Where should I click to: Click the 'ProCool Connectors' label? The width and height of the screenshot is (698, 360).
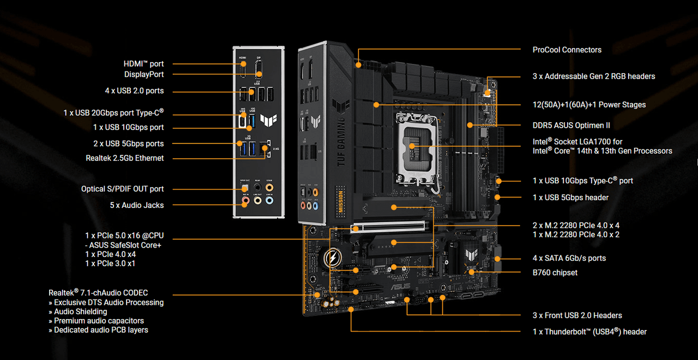tap(567, 50)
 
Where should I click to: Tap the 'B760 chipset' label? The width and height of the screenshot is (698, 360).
tap(555, 272)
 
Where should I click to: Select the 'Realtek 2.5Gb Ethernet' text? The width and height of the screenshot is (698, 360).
tap(124, 158)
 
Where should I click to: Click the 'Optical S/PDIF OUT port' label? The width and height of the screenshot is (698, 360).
tap(122, 189)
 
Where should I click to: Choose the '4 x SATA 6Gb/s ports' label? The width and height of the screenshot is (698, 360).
tap(569, 258)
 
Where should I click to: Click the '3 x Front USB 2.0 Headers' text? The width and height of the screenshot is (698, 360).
tap(577, 315)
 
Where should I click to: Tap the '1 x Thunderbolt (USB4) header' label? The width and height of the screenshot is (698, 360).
tap(589, 332)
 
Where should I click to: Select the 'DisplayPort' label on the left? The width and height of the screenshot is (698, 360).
tap(143, 74)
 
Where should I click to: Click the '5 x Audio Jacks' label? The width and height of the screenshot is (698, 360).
tap(136, 205)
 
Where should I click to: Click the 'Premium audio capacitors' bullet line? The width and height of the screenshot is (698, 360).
tap(99, 321)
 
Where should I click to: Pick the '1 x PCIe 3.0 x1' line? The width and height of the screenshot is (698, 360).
tap(110, 263)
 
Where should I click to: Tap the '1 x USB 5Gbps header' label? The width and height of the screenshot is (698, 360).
tap(570, 197)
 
